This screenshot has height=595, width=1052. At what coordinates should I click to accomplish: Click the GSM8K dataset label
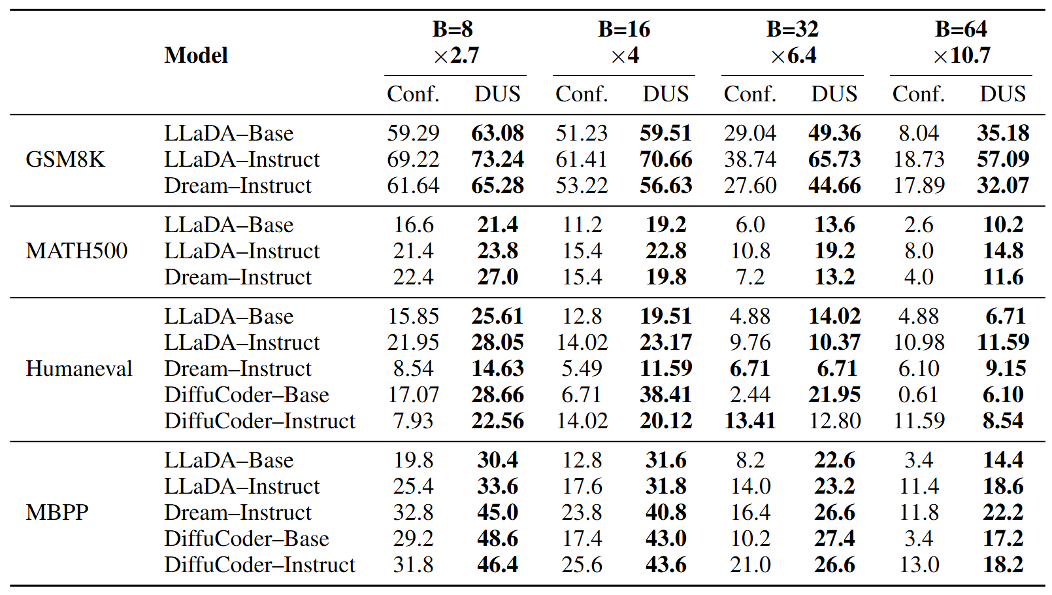pos(65,160)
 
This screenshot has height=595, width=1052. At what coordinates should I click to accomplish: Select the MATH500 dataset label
pos(76,251)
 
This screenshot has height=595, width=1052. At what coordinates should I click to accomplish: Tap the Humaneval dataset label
pos(78,369)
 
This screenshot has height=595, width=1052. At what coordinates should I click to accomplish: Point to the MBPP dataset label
pos(57,513)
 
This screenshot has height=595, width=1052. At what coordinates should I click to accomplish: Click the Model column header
pos(196,56)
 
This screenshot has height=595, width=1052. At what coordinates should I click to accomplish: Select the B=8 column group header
pos(452,29)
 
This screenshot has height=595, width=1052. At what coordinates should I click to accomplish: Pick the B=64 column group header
pos(961,29)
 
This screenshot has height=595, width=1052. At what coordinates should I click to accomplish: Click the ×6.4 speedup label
pos(793,56)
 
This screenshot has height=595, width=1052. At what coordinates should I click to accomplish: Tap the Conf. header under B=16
pos(582,94)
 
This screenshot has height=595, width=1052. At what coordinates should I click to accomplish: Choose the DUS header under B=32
pos(834,94)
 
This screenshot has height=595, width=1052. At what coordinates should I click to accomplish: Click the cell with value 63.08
pos(497,133)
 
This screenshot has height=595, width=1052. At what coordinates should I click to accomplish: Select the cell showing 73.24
pos(497,160)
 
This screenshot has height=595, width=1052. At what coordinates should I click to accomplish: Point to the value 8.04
pos(918,133)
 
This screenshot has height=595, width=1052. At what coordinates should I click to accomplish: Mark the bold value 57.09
pos(1002,160)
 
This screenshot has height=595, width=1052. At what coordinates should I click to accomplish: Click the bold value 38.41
pos(666,395)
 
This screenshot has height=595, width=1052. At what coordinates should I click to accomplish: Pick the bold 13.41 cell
pos(749,421)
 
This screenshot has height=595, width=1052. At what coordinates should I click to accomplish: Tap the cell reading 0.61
pos(918,395)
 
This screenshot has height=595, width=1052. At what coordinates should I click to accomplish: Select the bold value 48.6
pos(497,539)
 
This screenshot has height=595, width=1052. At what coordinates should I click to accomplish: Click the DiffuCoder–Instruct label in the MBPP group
pos(259,565)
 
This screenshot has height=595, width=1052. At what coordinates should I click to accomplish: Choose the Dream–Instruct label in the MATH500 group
pos(238,277)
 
